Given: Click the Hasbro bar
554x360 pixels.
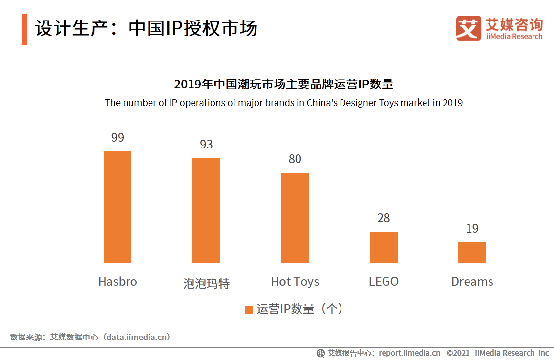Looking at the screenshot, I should coord(117,207).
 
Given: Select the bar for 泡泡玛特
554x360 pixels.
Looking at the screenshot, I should coord(206,211).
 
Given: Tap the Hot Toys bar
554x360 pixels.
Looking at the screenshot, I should coord(295,218).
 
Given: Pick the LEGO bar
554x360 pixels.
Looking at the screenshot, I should coord(384,247).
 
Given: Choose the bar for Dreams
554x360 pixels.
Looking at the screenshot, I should coord(472,252).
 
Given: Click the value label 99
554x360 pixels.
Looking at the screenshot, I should coord(117,138).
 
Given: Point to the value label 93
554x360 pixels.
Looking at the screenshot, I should coord(206,145).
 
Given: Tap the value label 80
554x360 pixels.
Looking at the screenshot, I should coord(295,159).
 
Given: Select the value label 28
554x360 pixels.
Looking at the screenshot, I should coord(384,218).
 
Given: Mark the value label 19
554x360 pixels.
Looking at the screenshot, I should coord(472,229).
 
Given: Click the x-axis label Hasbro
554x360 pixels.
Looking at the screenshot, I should coord(117,282).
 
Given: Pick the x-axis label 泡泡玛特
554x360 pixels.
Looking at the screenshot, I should coord(206,284).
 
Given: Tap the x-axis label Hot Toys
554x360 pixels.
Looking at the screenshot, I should coord(295,282).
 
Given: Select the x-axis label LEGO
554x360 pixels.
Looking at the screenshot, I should coord(384,282).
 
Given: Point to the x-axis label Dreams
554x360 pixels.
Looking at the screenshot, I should coord(472,282).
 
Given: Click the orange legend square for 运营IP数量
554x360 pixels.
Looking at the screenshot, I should coord(249,309).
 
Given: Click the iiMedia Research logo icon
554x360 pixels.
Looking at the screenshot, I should coord(468,28).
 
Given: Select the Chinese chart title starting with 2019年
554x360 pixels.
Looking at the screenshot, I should coord(283,85).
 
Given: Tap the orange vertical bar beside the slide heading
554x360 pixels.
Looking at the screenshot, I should coord(24,29).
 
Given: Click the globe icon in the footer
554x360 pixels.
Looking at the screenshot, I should coord(320,353).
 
